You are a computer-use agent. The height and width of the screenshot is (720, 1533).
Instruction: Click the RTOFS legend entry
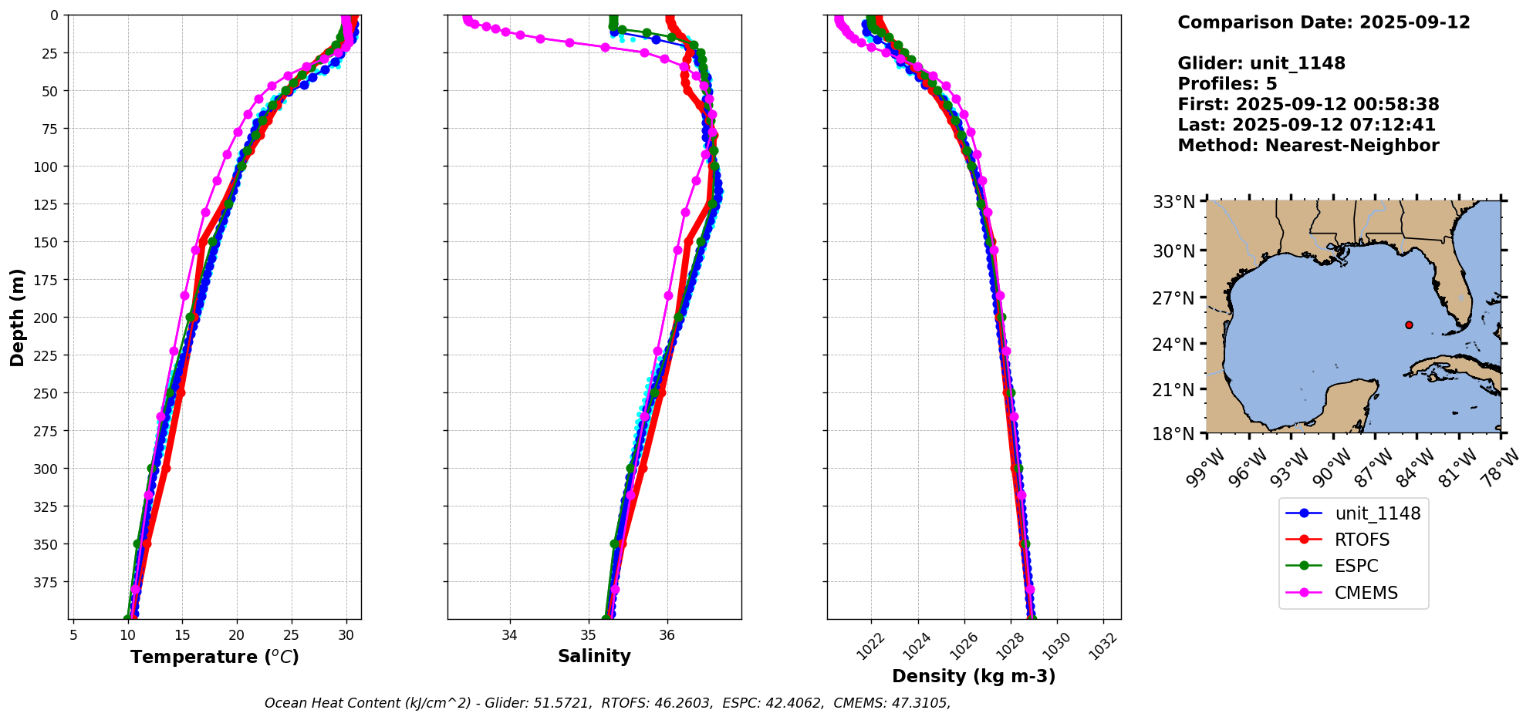pyautogui.click(x=1362, y=540)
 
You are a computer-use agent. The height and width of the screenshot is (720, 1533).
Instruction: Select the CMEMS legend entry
pyautogui.click(x=1366, y=593)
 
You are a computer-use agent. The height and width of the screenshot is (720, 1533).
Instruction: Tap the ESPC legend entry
pyautogui.click(x=1356, y=566)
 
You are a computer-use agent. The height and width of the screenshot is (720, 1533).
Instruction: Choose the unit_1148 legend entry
pyautogui.click(x=1377, y=513)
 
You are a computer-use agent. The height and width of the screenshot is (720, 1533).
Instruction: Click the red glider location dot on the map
pyautogui.click(x=1409, y=325)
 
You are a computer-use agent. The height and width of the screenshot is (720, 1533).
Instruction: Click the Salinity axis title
pyautogui.click(x=594, y=656)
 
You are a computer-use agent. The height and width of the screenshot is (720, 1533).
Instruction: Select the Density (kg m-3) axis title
pyautogui.click(x=974, y=676)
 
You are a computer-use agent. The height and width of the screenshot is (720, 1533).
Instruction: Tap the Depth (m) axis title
pyautogui.click(x=18, y=317)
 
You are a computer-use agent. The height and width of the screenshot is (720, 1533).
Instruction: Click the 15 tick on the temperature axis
pyautogui.click(x=182, y=635)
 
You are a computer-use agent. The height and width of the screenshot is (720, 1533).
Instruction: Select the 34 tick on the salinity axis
pyautogui.click(x=510, y=635)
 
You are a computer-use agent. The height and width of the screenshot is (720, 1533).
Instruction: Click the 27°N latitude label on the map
pyautogui.click(x=1173, y=298)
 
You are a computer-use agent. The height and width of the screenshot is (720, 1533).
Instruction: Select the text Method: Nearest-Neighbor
pyautogui.click(x=1308, y=146)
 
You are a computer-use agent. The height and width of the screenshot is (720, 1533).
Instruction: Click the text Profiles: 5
pyautogui.click(x=1227, y=84)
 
